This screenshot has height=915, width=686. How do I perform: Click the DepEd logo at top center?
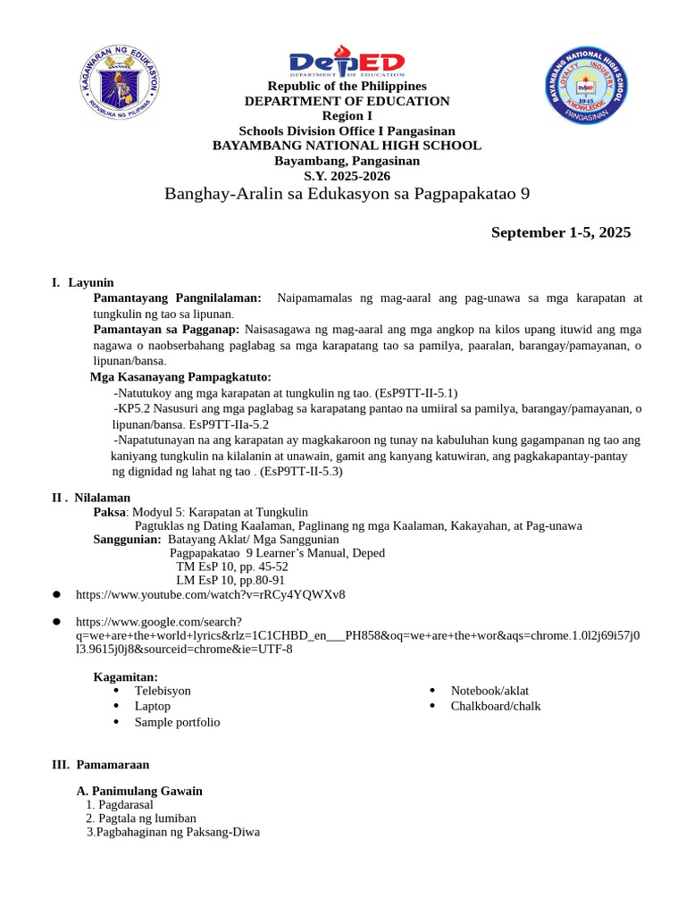(347, 65)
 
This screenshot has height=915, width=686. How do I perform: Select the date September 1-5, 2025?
(560, 233)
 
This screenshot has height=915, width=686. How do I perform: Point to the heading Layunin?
(91, 282)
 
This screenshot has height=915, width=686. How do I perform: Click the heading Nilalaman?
(102, 497)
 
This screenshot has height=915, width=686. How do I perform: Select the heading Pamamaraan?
(112, 765)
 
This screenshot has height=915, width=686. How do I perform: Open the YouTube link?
(211, 594)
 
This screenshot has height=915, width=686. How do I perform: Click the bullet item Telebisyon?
(163, 691)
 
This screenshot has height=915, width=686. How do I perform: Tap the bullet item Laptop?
(153, 706)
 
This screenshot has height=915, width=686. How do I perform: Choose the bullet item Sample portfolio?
(177, 722)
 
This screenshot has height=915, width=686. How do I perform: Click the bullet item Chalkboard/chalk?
(496, 706)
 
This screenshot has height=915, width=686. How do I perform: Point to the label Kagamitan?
(126, 677)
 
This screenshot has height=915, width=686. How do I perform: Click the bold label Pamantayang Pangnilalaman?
(178, 298)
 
